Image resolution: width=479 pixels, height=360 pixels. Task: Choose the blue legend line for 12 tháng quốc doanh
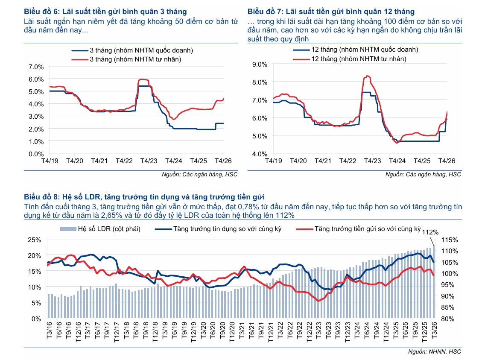tap(301, 50)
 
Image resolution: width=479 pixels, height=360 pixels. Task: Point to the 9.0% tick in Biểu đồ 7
tap(260, 64)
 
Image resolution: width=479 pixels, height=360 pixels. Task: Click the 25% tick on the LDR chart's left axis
tap(34, 240)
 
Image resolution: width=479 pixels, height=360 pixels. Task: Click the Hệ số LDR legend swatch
tap(68, 229)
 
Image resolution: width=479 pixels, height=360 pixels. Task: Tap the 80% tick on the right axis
tap(449, 319)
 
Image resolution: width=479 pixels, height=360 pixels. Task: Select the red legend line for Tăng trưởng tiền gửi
tap(304, 229)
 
